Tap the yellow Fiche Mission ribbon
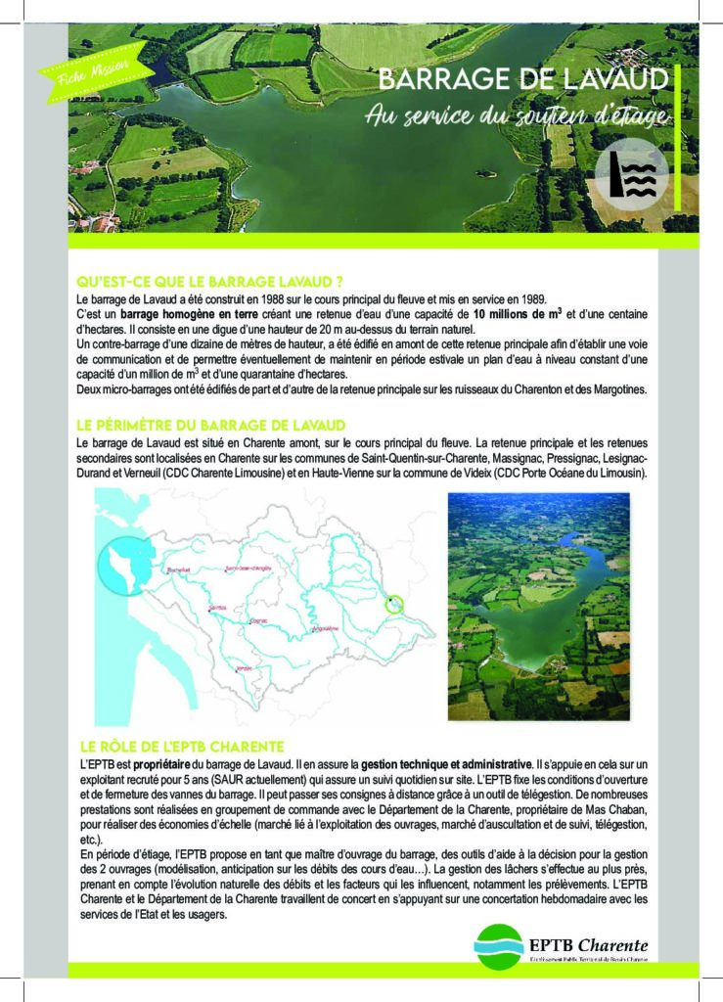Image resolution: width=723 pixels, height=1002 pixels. pyautogui.click(x=95, y=70)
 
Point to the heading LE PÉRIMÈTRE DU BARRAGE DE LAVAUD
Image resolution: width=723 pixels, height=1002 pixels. pyautogui.click(x=210, y=425)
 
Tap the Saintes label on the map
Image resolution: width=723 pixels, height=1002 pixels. pyautogui.click(x=217, y=608)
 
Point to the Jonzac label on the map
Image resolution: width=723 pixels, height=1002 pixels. pyautogui.click(x=244, y=667)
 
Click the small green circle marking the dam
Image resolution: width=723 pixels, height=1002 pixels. pyautogui.click(x=393, y=604)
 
